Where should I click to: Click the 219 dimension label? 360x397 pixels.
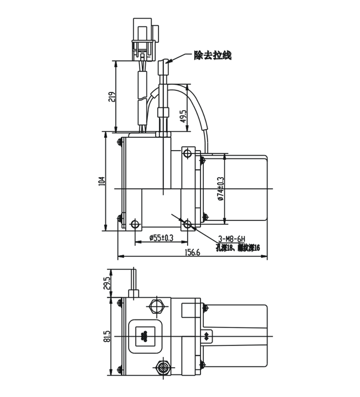[x=111, y=96]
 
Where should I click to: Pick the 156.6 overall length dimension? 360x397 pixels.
[x=192, y=252]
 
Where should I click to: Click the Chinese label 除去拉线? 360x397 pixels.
[x=212, y=55]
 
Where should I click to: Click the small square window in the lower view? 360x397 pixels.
[x=145, y=335]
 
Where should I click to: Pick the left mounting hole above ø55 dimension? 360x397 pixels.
[x=133, y=224]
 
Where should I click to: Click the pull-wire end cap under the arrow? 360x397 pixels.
[x=163, y=69]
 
